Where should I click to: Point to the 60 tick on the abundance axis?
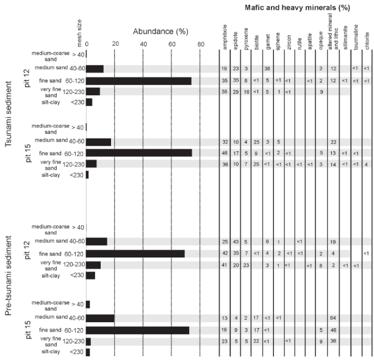point(171,43)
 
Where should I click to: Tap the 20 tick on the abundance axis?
point(115,43)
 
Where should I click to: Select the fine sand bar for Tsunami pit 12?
point(138,81)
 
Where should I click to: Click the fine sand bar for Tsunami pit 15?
point(139,153)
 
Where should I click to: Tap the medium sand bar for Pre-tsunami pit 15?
point(100,318)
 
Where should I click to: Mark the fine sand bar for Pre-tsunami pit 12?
point(135,253)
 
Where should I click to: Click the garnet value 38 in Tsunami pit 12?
point(267,69)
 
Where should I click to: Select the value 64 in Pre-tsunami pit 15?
point(333,318)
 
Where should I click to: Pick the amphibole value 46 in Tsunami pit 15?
point(225,153)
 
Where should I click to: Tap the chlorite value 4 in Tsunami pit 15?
point(367,164)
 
